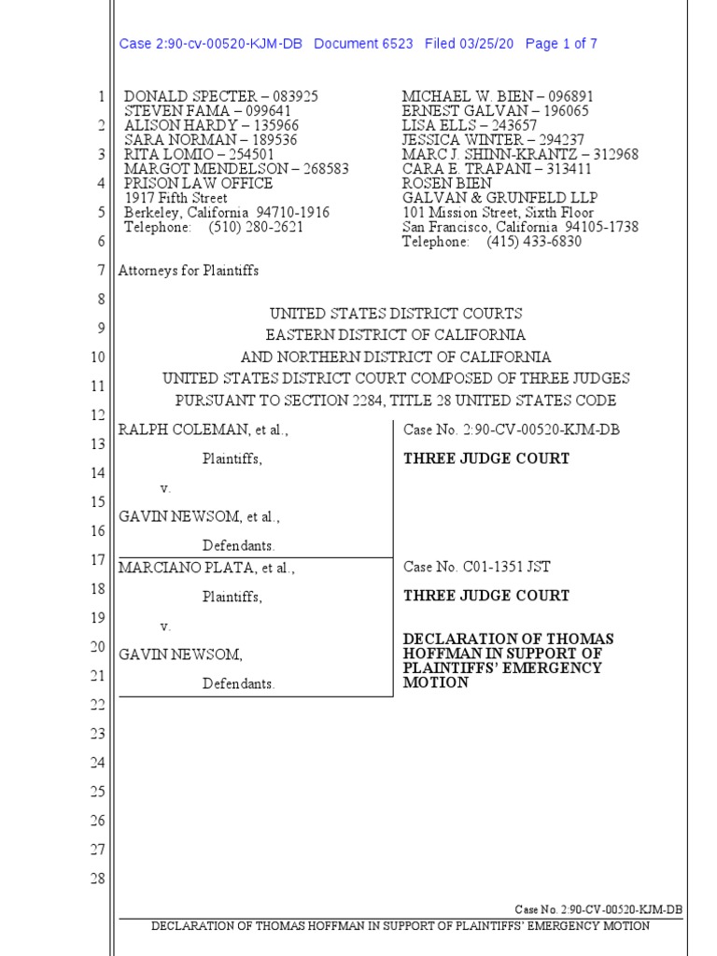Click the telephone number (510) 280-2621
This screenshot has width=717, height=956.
point(252,227)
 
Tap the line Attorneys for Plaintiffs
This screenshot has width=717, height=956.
point(188,271)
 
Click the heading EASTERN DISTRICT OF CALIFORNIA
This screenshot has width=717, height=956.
point(395,334)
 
